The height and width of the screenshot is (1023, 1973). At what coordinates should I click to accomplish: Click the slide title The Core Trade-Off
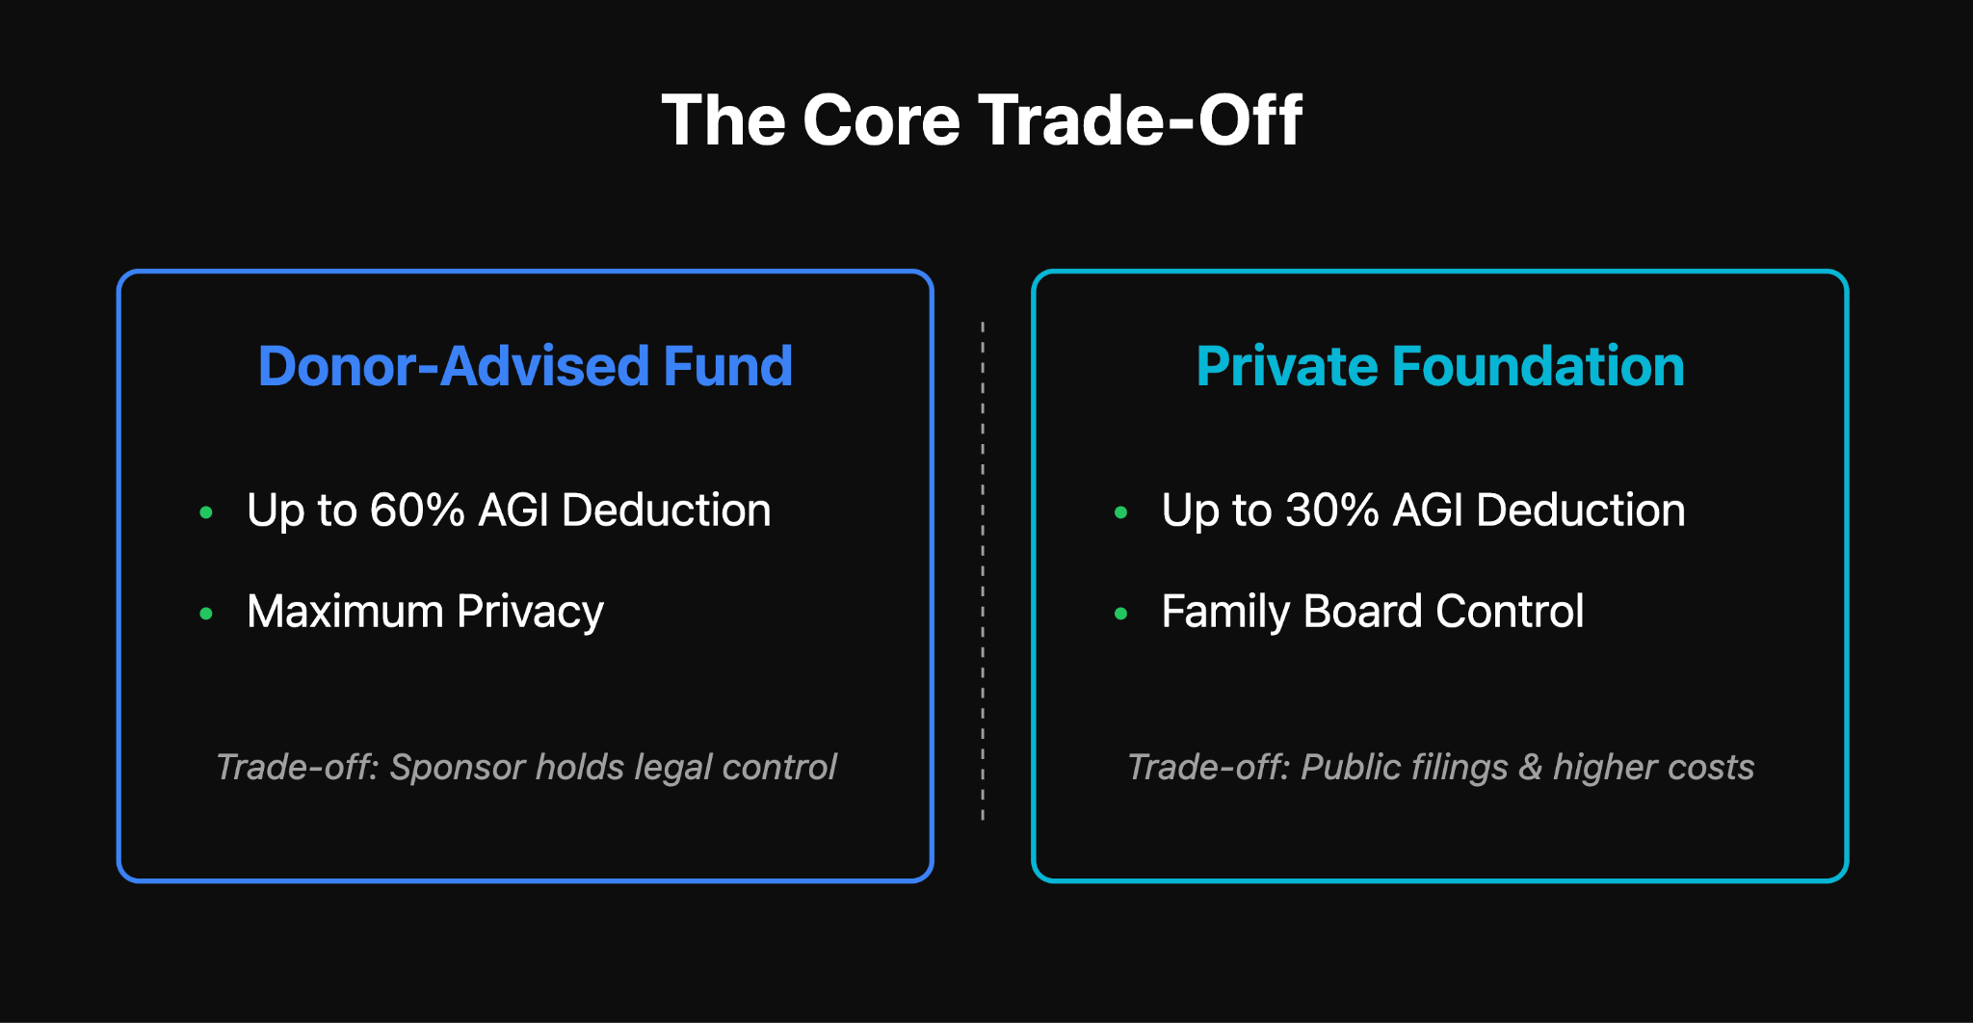pyautogui.click(x=982, y=120)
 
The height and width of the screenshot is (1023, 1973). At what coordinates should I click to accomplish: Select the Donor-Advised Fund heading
pyautogui.click(x=525, y=366)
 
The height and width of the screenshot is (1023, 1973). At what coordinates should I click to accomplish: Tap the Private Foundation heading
pyautogui.click(x=1439, y=366)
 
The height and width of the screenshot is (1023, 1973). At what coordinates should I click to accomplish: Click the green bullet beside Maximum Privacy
pyautogui.click(x=206, y=613)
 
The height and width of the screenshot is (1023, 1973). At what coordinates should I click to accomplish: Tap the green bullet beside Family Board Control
pyautogui.click(x=1120, y=613)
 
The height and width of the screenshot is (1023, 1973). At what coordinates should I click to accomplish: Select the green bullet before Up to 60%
pyautogui.click(x=206, y=512)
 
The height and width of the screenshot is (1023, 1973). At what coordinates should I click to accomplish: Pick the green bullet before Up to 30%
pyautogui.click(x=1120, y=512)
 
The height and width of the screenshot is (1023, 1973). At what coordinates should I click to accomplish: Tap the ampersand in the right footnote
pyautogui.click(x=1530, y=768)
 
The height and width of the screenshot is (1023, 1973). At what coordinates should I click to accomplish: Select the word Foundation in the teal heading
pyautogui.click(x=1538, y=366)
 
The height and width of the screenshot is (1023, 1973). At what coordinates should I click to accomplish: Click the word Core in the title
pyautogui.click(x=881, y=120)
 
